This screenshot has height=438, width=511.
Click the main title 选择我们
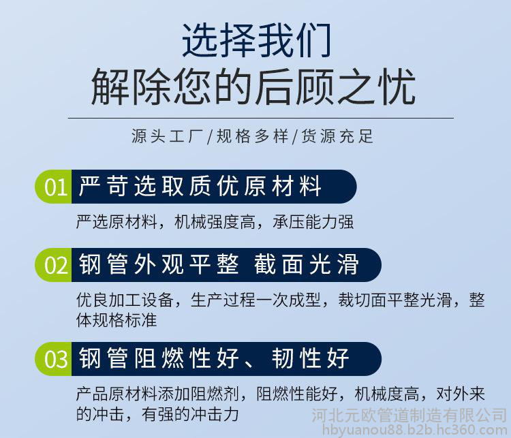click(x=257, y=40)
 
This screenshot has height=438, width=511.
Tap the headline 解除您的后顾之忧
click(x=253, y=87)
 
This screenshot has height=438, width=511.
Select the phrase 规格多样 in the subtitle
click(x=253, y=136)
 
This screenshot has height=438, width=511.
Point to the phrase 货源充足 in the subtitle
click(x=337, y=136)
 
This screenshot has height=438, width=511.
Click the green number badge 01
click(x=54, y=187)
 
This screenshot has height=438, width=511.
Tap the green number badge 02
click(x=54, y=265)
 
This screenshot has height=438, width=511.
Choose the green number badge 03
click(x=54, y=359)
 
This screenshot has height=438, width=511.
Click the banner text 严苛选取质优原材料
click(x=200, y=186)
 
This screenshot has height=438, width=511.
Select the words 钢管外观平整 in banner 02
click(x=159, y=264)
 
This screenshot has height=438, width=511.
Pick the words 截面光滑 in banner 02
click(x=307, y=264)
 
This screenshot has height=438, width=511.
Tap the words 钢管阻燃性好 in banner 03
click(x=159, y=358)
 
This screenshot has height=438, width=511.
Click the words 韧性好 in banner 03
click(x=311, y=358)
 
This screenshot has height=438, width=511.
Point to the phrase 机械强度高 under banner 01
click(x=215, y=222)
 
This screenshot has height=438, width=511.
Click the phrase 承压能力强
click(x=313, y=222)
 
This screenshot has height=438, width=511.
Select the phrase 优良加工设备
click(x=125, y=300)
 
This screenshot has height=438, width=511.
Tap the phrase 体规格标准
click(x=117, y=320)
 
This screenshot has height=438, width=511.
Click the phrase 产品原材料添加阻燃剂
click(x=158, y=394)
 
